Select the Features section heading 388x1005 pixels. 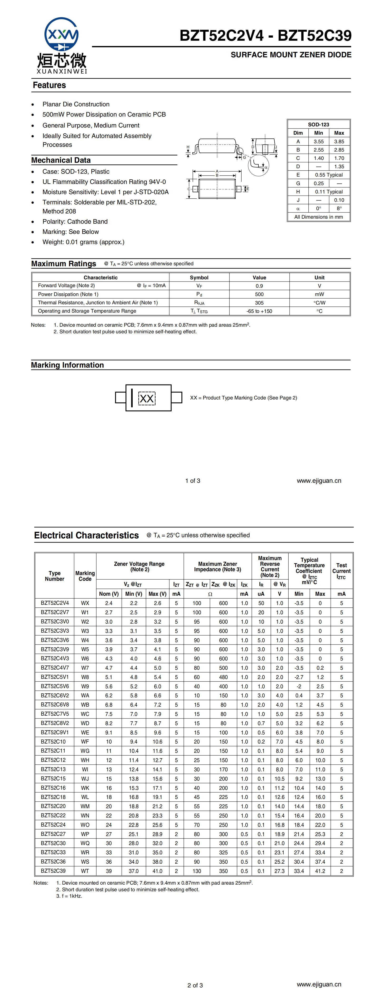click(x=49, y=85)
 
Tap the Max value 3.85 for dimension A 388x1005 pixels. click(x=339, y=142)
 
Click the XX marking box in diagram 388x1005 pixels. click(x=147, y=398)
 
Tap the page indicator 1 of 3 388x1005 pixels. click(x=193, y=481)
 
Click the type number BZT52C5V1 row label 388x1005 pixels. click(x=55, y=677)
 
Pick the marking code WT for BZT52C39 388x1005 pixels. click(x=85, y=871)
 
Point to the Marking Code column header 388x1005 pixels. click(x=85, y=576)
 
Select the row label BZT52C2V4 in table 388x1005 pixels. click(x=55, y=603)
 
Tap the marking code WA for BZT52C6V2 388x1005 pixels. click(x=85, y=696)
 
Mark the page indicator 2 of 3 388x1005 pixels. click(x=195, y=985)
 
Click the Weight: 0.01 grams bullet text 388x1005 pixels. click(x=83, y=242)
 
